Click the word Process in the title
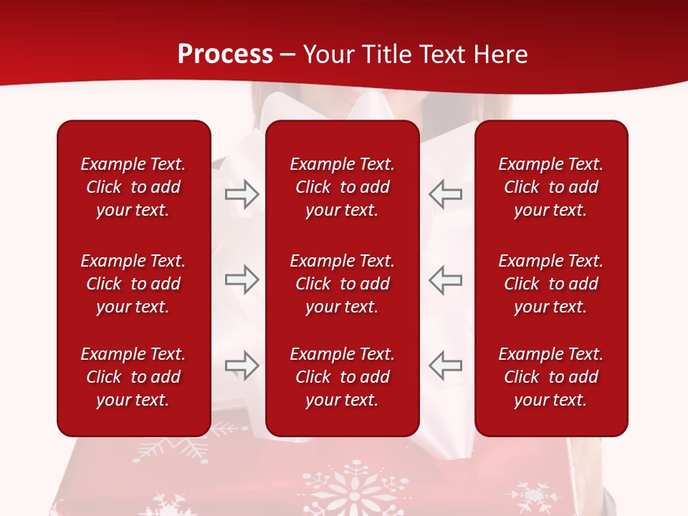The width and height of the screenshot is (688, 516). click(225, 54)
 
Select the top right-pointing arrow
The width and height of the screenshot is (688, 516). click(242, 194)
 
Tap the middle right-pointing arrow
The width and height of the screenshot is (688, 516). click(242, 279)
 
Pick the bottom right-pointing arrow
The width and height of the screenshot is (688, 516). click(242, 365)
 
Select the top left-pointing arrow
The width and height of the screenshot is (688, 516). click(445, 194)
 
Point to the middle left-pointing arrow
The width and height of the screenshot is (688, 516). click(445, 279)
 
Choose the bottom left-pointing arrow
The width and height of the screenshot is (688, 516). click(445, 365)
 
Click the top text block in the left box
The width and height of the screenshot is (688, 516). click(133, 187)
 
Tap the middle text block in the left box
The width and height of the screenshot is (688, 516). click(133, 284)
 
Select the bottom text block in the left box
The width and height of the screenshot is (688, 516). click(133, 377)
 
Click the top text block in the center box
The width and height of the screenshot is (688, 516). click(342, 187)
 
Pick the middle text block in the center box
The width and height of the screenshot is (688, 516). click(342, 284)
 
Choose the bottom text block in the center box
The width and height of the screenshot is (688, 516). click(342, 377)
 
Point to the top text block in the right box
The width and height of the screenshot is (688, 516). click(550, 187)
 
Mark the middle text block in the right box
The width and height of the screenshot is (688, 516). click(550, 284)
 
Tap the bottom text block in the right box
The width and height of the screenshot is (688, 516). click(550, 377)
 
